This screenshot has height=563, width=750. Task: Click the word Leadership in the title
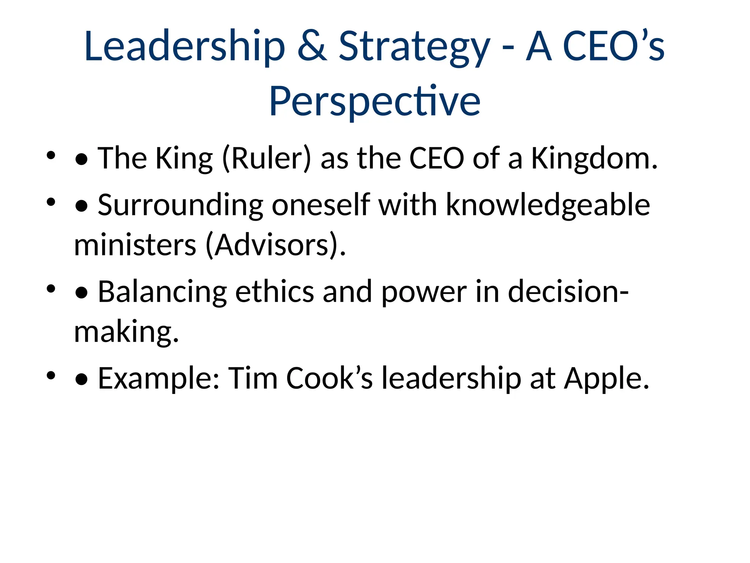(185, 47)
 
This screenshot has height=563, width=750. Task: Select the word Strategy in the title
(414, 47)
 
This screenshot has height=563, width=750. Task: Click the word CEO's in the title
(613, 47)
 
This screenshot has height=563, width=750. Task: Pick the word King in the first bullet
(184, 159)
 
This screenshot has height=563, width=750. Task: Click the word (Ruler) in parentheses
(267, 159)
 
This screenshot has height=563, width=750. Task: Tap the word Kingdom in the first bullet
(594, 159)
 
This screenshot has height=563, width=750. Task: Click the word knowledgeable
(548, 205)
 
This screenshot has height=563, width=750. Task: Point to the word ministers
(135, 245)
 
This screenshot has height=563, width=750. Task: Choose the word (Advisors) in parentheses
(275, 245)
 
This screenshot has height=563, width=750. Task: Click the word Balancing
(163, 292)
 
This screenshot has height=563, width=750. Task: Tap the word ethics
(275, 292)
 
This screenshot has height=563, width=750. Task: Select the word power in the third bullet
(424, 292)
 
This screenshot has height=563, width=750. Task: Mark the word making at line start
(126, 332)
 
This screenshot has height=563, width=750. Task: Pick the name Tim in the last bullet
(253, 378)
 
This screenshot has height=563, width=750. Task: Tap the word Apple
(606, 378)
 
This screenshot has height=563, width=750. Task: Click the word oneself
(321, 205)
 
